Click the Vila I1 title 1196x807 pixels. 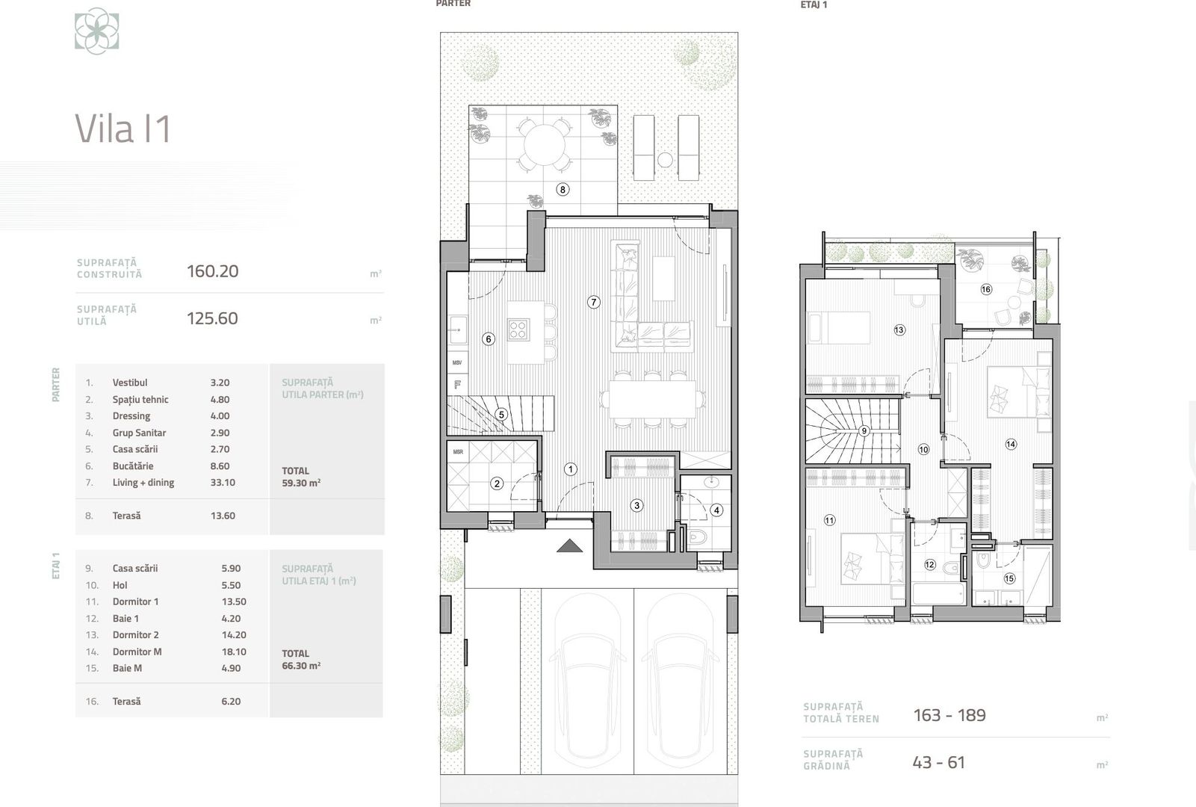[123, 129]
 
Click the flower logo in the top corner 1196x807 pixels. [96, 31]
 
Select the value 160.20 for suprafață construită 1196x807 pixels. [212, 271]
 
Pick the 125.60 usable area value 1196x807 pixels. [212, 318]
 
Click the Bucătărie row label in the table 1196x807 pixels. [132, 466]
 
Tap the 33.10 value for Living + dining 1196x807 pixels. [223, 482]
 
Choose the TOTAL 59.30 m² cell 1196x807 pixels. [300, 477]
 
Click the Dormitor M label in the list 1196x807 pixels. [137, 652]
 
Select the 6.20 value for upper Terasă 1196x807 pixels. [231, 701]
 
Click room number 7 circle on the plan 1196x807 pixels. [593, 302]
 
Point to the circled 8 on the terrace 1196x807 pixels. [563, 189]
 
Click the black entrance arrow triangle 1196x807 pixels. [569, 545]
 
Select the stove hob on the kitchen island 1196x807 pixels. [518, 330]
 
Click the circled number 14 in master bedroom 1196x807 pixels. [1011, 444]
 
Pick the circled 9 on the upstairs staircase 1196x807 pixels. [864, 430]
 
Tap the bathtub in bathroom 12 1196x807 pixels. [938, 595]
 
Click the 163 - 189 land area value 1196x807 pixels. [949, 715]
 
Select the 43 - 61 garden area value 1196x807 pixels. [938, 762]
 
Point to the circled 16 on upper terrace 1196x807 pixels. [985, 289]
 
